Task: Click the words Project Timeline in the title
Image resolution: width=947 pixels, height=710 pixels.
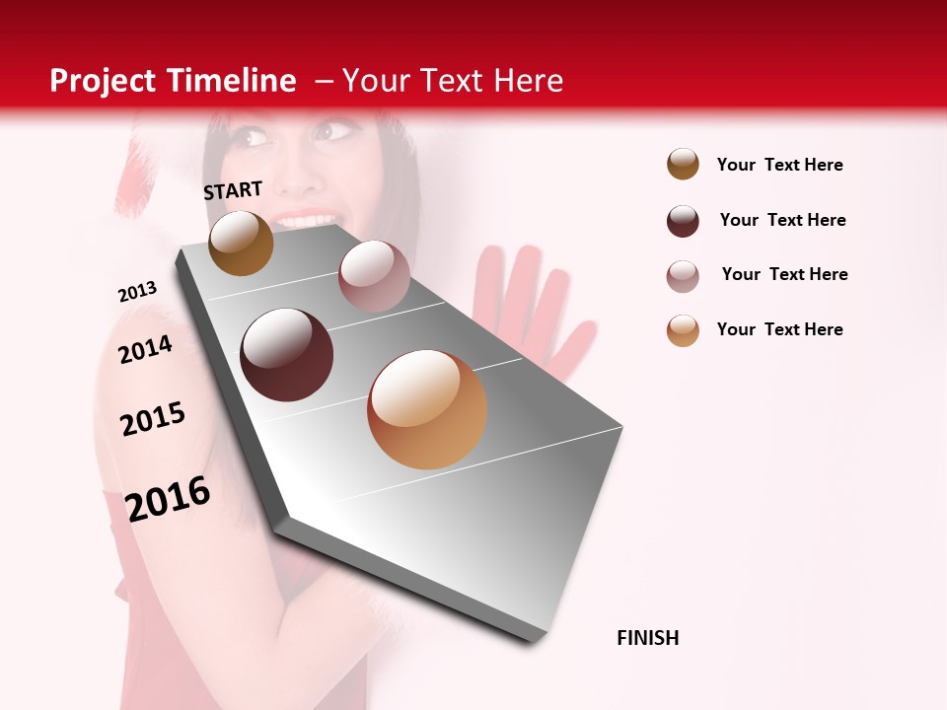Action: coord(173,81)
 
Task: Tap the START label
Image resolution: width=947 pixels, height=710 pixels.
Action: coord(233,190)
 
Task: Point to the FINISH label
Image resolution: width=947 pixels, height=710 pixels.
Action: coord(647,638)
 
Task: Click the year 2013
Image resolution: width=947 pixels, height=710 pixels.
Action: coord(137,292)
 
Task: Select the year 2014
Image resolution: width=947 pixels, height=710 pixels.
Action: coord(145,349)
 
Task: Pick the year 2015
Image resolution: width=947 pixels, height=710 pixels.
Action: coord(153,418)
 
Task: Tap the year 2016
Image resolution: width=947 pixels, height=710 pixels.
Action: coord(168,498)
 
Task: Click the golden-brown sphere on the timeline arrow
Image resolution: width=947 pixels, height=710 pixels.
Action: coord(241,243)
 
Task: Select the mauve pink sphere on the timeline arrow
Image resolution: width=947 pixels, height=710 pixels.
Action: coord(373,276)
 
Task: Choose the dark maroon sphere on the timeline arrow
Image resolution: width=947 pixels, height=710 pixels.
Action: coord(287,355)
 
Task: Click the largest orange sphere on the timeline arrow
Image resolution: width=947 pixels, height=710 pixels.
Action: coord(427,409)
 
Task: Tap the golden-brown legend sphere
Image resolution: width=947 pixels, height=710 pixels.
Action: coord(683,165)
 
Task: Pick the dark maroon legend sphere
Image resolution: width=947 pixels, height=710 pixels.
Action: coord(683,221)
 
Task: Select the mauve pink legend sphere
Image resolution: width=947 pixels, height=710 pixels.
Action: coord(683,276)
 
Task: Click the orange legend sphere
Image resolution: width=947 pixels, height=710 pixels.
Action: coord(683,330)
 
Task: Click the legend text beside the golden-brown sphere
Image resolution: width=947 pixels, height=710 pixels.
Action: coord(779,165)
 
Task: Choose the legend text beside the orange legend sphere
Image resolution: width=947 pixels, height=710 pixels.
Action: coord(779,329)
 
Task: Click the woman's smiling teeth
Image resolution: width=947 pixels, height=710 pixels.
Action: coord(306,220)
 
